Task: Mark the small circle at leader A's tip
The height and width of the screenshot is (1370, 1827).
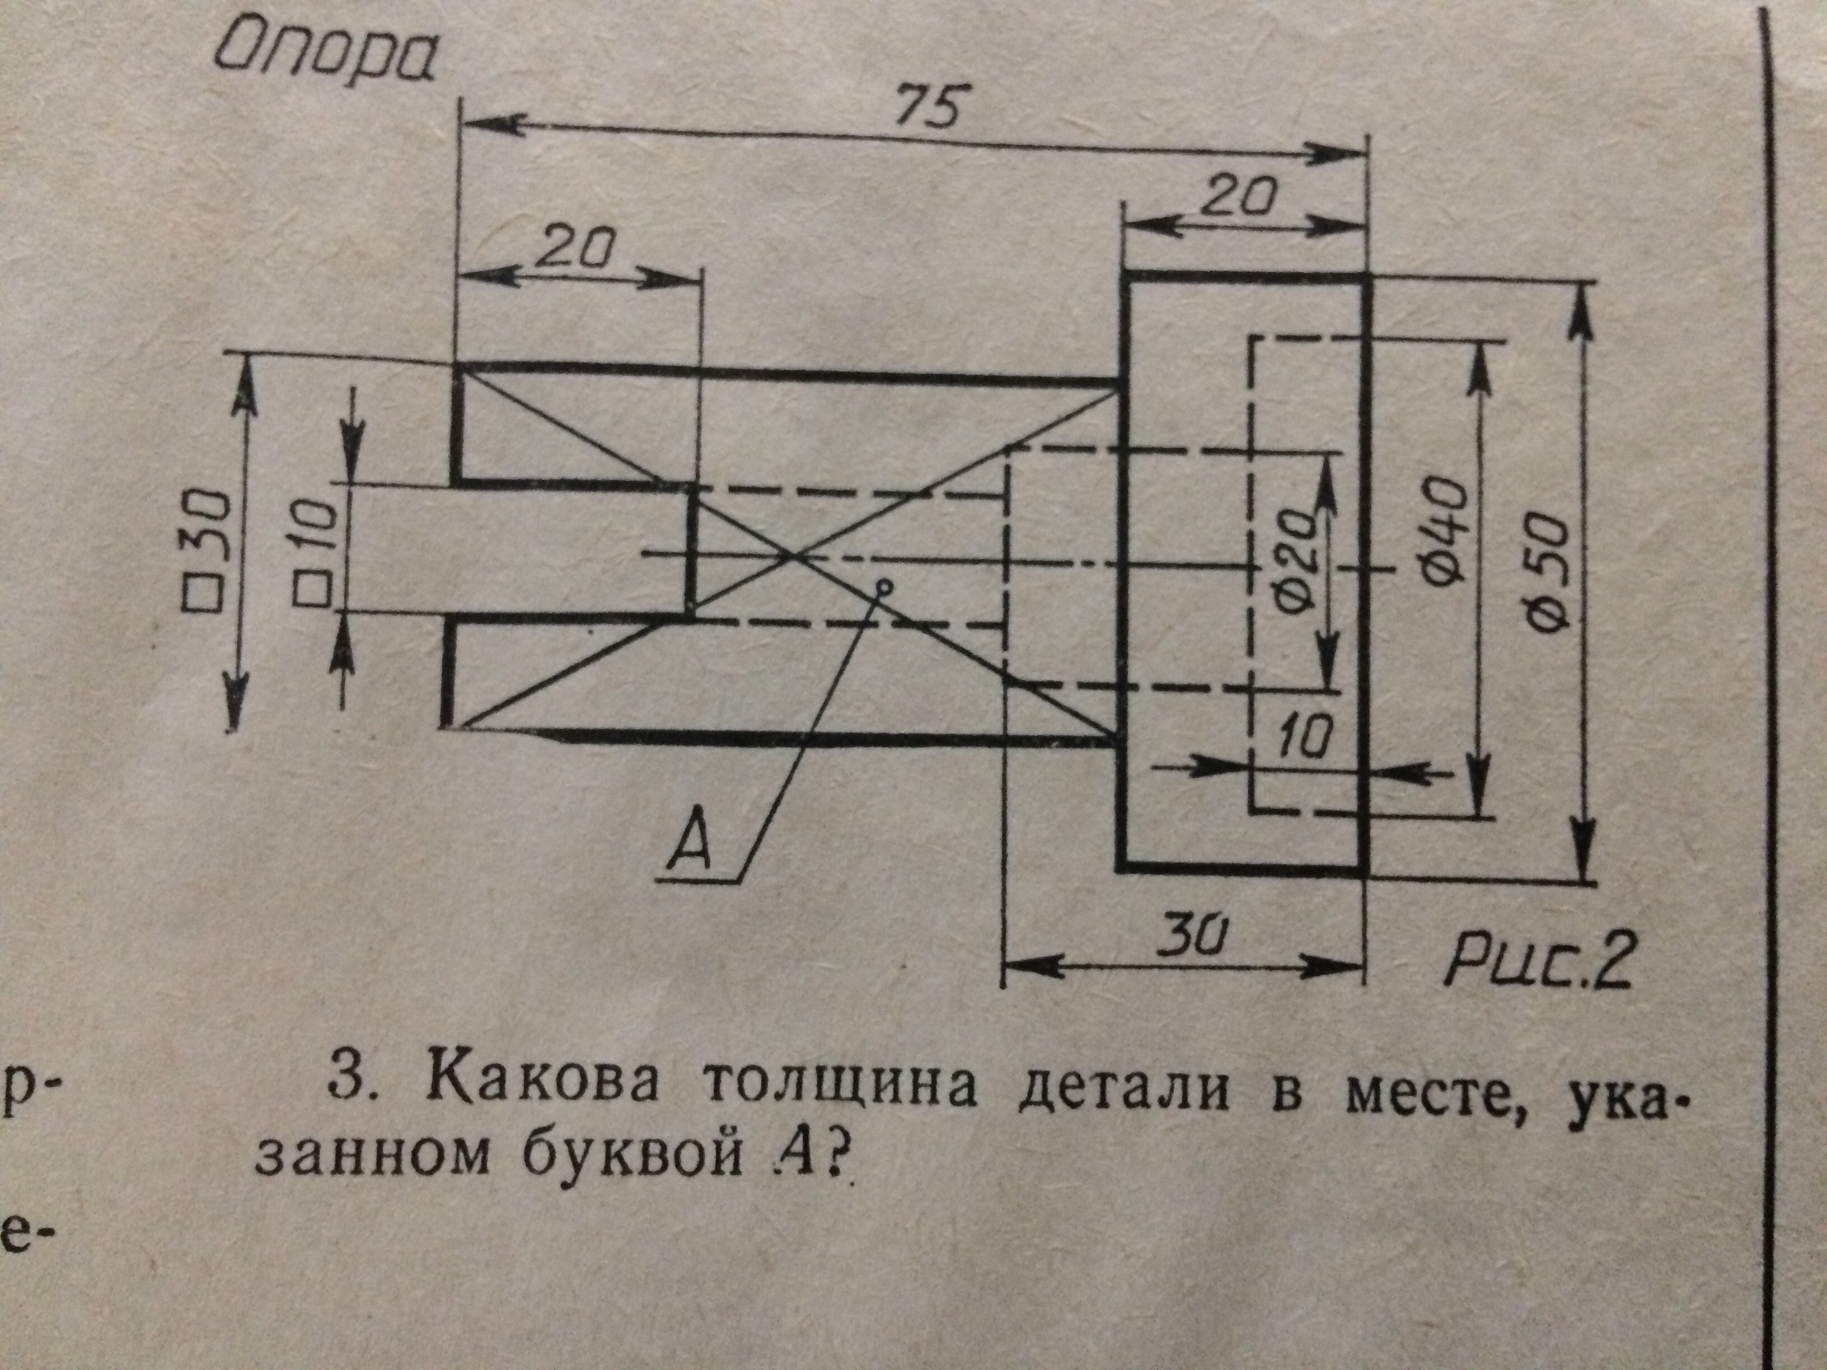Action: pyautogui.click(x=884, y=587)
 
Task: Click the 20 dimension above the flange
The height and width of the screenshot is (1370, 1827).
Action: pyautogui.click(x=1242, y=199)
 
